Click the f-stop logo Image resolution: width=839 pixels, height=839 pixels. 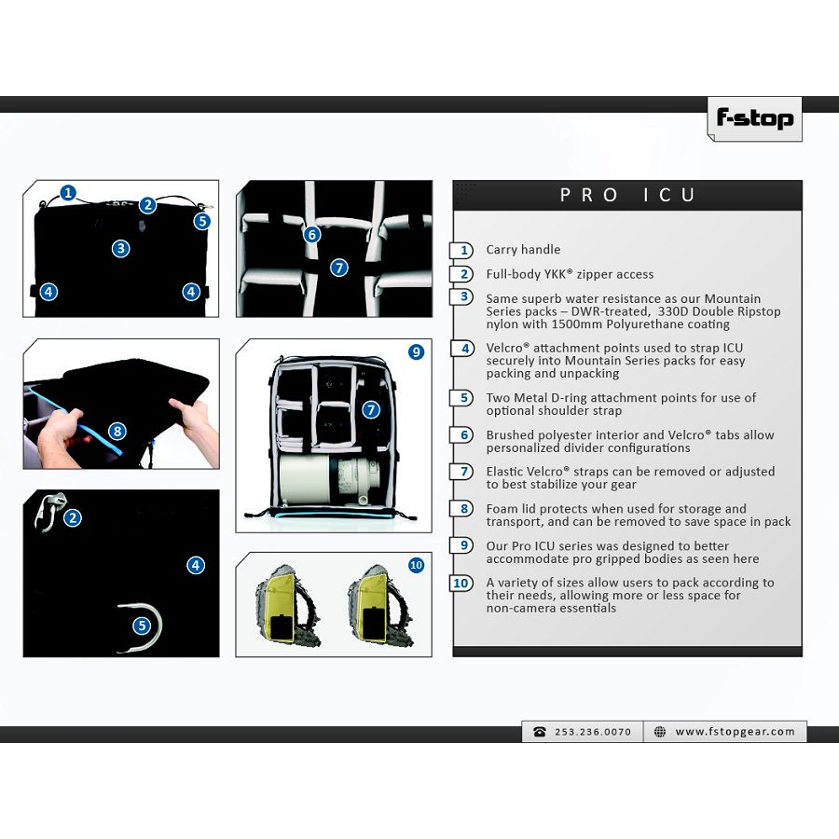[x=754, y=118]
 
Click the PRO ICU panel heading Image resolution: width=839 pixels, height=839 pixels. [x=627, y=195]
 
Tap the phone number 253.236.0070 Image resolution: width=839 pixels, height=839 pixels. [x=593, y=732]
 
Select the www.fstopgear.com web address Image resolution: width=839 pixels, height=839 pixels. [x=735, y=732]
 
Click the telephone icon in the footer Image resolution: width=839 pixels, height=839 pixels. [x=540, y=732]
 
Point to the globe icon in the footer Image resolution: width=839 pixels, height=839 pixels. [x=660, y=732]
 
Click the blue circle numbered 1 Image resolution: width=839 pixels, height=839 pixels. [x=68, y=193]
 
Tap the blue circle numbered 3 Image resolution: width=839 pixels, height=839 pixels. [x=121, y=248]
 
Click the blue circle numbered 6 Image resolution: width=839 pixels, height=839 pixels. [x=312, y=234]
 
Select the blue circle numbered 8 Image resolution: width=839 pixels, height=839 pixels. [x=117, y=432]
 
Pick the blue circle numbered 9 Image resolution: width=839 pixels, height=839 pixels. [x=417, y=352]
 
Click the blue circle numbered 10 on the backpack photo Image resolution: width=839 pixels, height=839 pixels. [x=417, y=565]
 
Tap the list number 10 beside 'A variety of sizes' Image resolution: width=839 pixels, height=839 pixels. [x=461, y=583]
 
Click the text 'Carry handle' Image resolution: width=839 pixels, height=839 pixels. [x=523, y=249]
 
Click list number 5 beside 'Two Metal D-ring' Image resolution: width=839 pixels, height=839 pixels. [x=464, y=398]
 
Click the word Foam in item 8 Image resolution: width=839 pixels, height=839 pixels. [x=502, y=508]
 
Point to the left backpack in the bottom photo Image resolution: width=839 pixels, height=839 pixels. [x=287, y=605]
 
